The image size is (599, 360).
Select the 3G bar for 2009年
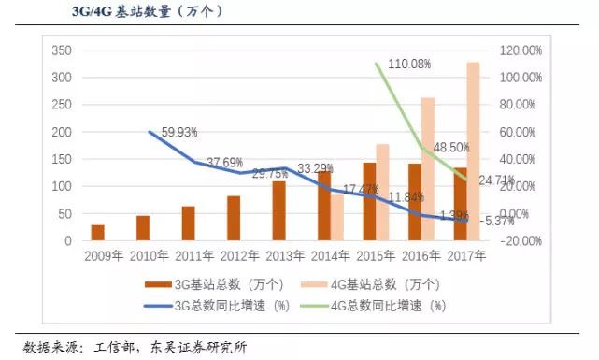coord(97,233)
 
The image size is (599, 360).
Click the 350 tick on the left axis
coord(61,50)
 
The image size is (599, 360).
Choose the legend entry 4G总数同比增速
coord(379,305)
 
